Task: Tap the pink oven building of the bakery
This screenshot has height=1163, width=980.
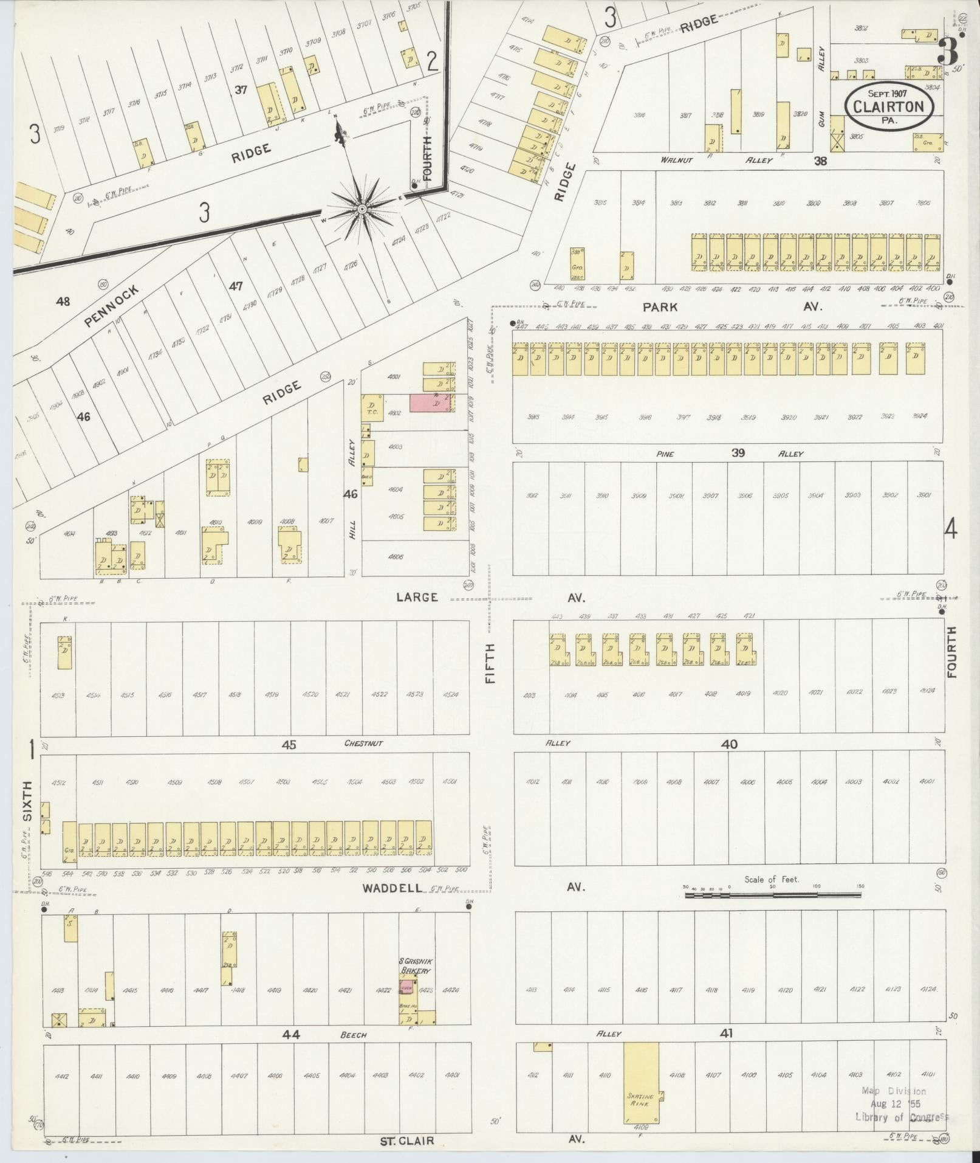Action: pos(405,988)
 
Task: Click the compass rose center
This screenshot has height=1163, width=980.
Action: pos(362,209)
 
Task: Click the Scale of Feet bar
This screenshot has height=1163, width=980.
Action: pos(772,895)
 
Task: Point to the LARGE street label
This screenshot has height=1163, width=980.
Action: pos(417,597)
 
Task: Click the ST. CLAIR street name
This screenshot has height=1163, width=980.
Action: pos(407,1141)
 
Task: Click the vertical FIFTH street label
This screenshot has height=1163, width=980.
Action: pos(490,663)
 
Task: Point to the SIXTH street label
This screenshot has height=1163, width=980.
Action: pos(27,801)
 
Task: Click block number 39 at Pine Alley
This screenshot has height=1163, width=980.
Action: pos(738,452)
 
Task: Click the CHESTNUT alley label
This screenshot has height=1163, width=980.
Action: pos(363,744)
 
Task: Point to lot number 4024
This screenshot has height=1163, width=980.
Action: pos(927,691)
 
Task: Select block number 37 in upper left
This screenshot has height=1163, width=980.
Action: pos(241,90)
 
